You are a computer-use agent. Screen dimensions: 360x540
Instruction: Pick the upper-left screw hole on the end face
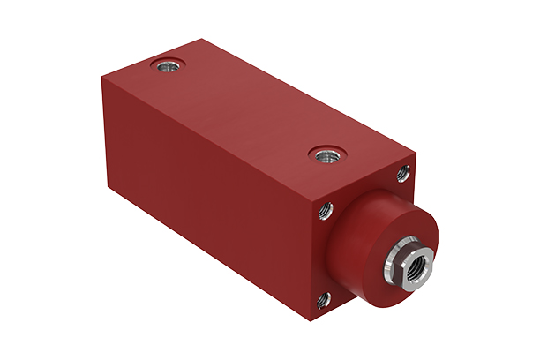pos(325,211)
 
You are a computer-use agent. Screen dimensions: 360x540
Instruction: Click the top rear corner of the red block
pos(202,39)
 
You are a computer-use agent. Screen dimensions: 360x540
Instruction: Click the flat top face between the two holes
pos(247,110)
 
